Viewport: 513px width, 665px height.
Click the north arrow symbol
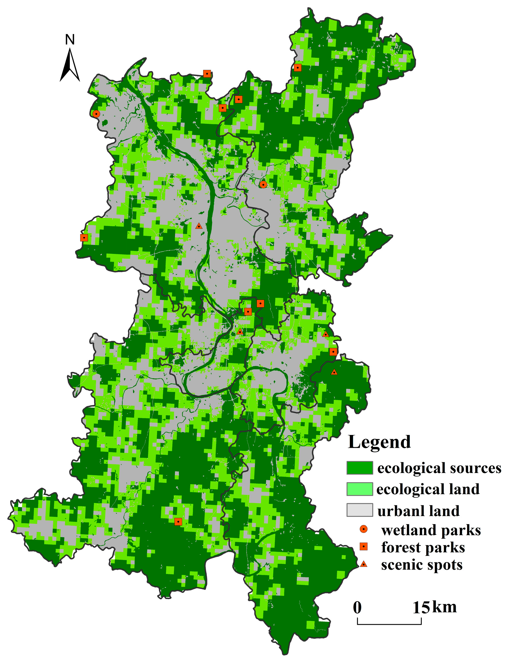(70, 65)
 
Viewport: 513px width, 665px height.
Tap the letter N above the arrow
(70, 40)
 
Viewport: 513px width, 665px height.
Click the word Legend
(379, 442)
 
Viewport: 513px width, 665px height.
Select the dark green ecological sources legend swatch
(359, 468)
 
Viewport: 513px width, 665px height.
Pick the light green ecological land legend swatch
(359, 489)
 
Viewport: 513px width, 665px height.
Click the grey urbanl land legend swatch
(359, 510)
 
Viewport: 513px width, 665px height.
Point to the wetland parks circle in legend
(363, 530)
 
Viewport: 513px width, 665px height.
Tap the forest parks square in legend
(363, 547)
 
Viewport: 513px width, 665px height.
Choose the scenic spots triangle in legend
(363, 564)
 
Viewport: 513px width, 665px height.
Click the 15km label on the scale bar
(434, 607)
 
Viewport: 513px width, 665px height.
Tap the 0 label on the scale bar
(357, 607)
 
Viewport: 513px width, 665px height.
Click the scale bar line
(389, 624)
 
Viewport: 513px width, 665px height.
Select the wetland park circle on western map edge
(96, 114)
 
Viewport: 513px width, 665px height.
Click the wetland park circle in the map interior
(263, 185)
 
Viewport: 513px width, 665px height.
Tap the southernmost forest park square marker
(178, 522)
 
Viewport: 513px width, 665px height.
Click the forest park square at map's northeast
(298, 68)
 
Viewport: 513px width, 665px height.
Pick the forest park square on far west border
(84, 237)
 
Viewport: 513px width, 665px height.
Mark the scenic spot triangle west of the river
(199, 226)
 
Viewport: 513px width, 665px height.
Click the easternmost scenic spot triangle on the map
(334, 372)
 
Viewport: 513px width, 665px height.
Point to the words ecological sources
(439, 468)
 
